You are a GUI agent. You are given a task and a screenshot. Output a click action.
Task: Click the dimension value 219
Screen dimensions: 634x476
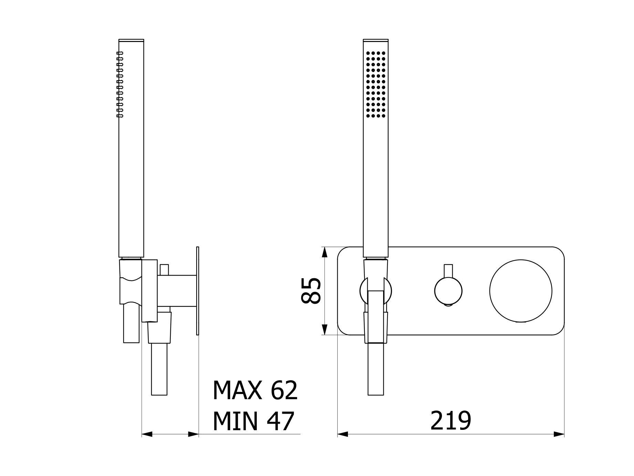(x=451, y=420)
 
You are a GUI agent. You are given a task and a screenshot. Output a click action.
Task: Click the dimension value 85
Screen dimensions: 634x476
(x=311, y=290)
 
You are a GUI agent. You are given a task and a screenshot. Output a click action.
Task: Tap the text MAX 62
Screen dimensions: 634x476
(x=255, y=390)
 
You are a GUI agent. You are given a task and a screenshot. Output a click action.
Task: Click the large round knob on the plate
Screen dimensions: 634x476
(x=521, y=291)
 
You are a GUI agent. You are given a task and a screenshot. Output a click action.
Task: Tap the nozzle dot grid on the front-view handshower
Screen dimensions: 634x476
(x=376, y=84)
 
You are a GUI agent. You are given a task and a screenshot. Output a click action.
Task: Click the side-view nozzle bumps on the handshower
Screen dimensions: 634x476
(x=120, y=84)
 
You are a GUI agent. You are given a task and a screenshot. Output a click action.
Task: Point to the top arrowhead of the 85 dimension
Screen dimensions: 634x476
(x=324, y=252)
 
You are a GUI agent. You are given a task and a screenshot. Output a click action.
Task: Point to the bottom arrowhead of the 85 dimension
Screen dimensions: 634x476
(x=324, y=329)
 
